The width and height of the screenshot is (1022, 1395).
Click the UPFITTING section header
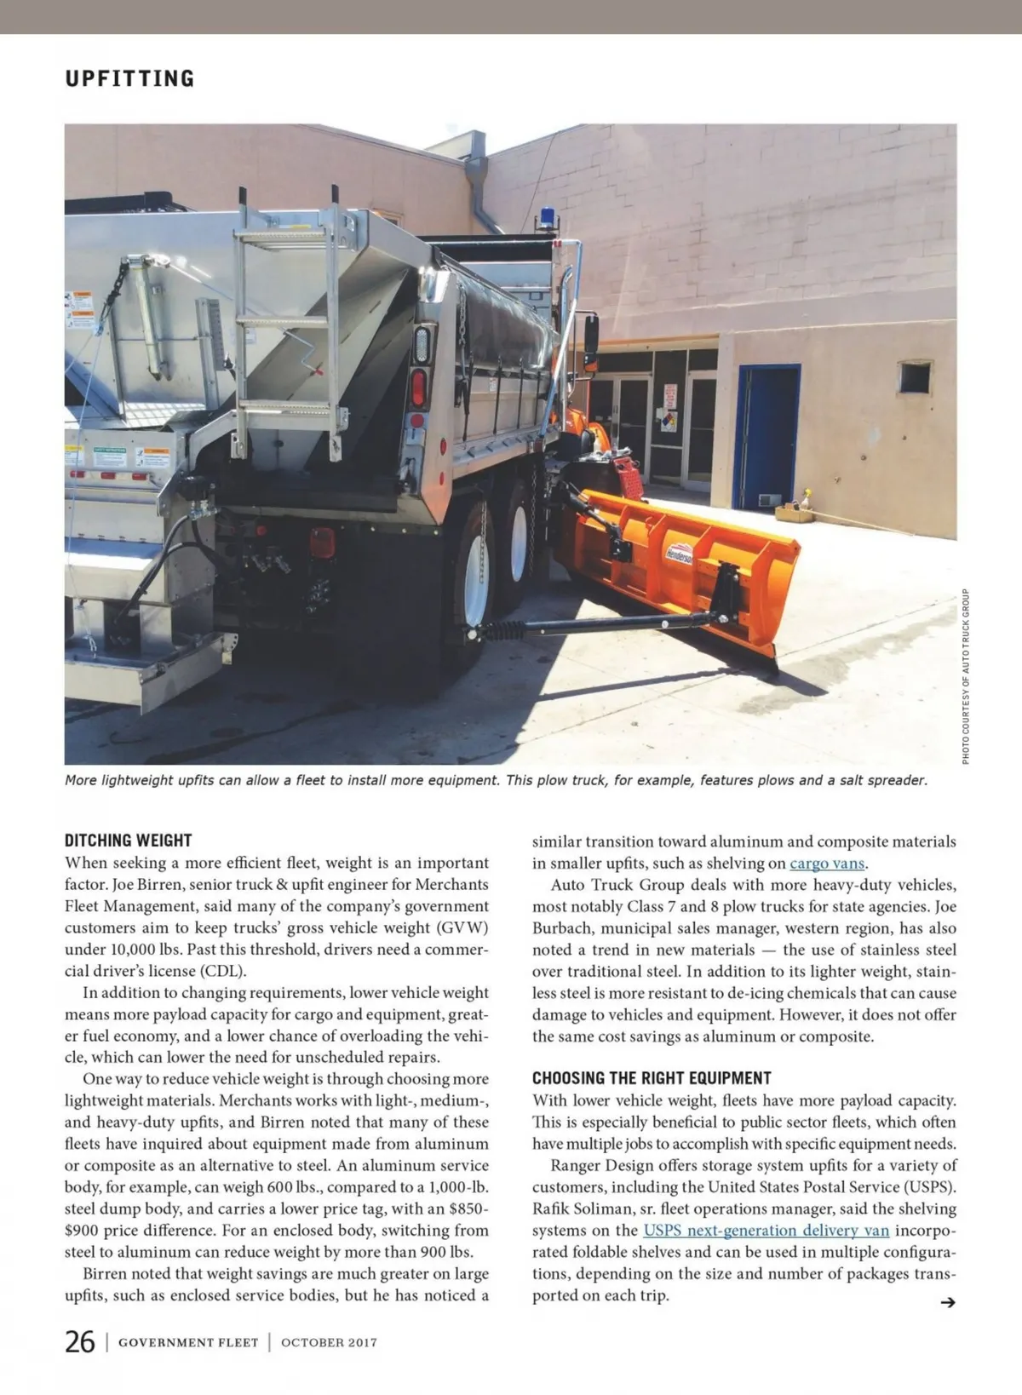click(129, 78)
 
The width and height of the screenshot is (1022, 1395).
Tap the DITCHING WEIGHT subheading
click(129, 841)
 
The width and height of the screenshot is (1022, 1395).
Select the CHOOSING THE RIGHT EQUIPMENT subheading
click(652, 1078)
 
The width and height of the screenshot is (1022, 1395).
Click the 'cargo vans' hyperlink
click(827, 864)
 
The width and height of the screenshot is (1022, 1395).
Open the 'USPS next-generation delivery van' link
click(766, 1231)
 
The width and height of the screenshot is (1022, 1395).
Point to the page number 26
click(80, 1342)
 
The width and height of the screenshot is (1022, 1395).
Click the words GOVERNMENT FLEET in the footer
click(188, 1343)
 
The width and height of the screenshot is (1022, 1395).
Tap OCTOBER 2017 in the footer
click(329, 1343)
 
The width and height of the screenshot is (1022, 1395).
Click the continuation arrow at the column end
click(946, 1302)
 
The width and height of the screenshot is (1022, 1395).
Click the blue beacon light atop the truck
click(546, 217)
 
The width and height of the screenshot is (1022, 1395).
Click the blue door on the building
click(767, 437)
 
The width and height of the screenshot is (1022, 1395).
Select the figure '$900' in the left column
click(83, 1231)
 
